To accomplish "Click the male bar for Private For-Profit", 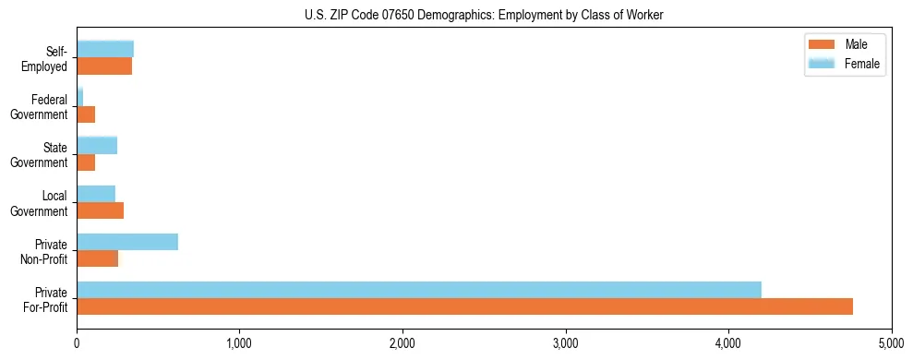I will tap(464, 306).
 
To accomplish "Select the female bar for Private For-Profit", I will tap(419, 290).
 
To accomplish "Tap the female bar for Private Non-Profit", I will tap(127, 242).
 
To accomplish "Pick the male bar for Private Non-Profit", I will tap(98, 258).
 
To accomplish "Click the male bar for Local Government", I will tap(101, 210).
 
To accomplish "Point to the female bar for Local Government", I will tap(96, 194).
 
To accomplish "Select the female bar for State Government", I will tap(97, 146).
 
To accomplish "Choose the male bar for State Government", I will tap(86, 162).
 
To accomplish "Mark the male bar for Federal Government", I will tap(86, 114).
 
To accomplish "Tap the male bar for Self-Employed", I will tap(104, 66).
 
